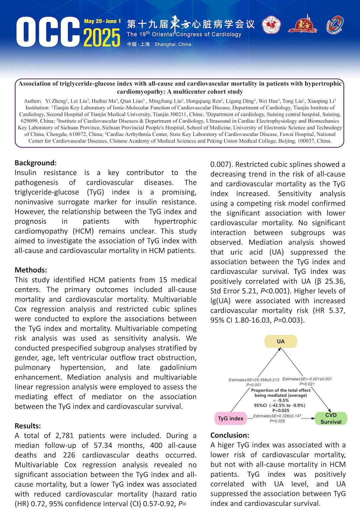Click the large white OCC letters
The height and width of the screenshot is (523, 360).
click(48, 32)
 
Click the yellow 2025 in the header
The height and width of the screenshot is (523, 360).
click(102, 38)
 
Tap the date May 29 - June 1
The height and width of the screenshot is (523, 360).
click(102, 21)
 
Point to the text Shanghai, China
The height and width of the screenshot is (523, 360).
click(173, 44)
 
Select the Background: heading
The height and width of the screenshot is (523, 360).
click(36, 163)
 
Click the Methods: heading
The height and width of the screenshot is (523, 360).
click(31, 270)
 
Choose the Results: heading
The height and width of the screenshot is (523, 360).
click(28, 426)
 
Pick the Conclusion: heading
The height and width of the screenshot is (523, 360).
click(230, 435)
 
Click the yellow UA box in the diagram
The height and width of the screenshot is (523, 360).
click(281, 341)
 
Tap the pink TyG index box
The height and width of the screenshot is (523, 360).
click(231, 418)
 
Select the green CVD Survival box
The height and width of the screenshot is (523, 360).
click(331, 418)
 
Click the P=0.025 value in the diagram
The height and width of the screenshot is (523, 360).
click(281, 410)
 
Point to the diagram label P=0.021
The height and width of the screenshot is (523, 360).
click(307, 384)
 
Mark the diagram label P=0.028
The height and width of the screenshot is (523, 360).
click(277, 421)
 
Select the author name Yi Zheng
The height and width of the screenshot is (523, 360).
click(56, 101)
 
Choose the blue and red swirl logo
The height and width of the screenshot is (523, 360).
click(335, 25)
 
